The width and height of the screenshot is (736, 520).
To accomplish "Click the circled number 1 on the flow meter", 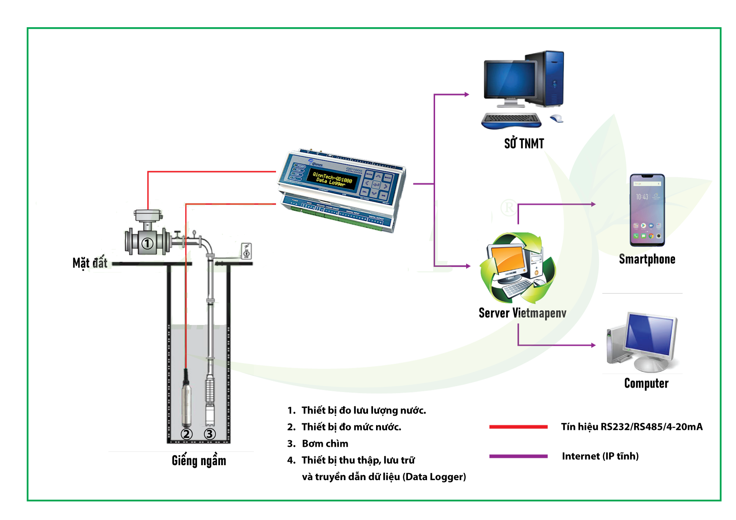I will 148,244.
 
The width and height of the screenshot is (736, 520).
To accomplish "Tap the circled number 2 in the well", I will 187,434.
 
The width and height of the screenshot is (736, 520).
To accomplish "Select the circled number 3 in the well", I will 210,434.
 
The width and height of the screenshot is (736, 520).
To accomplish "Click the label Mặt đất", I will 90,263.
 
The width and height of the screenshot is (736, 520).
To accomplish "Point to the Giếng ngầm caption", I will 199,460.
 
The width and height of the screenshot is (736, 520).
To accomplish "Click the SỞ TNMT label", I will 524,143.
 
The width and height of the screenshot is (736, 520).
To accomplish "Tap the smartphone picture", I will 647,210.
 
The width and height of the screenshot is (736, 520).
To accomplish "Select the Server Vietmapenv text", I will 522,313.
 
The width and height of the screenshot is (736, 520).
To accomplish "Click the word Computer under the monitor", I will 646,383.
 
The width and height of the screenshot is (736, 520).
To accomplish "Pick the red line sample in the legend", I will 518,427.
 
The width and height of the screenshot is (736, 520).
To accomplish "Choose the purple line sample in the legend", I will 518,456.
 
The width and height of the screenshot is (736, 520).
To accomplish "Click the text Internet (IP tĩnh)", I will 600,456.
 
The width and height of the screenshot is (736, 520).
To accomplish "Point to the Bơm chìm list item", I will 325,443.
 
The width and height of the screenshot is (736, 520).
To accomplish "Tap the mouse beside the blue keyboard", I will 557,118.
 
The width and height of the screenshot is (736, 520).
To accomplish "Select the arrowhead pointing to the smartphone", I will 593,204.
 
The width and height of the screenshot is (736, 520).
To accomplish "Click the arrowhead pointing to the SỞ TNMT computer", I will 467,94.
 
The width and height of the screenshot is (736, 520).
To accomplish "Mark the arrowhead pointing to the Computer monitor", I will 593,345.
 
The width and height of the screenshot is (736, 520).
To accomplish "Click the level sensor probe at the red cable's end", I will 186,402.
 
